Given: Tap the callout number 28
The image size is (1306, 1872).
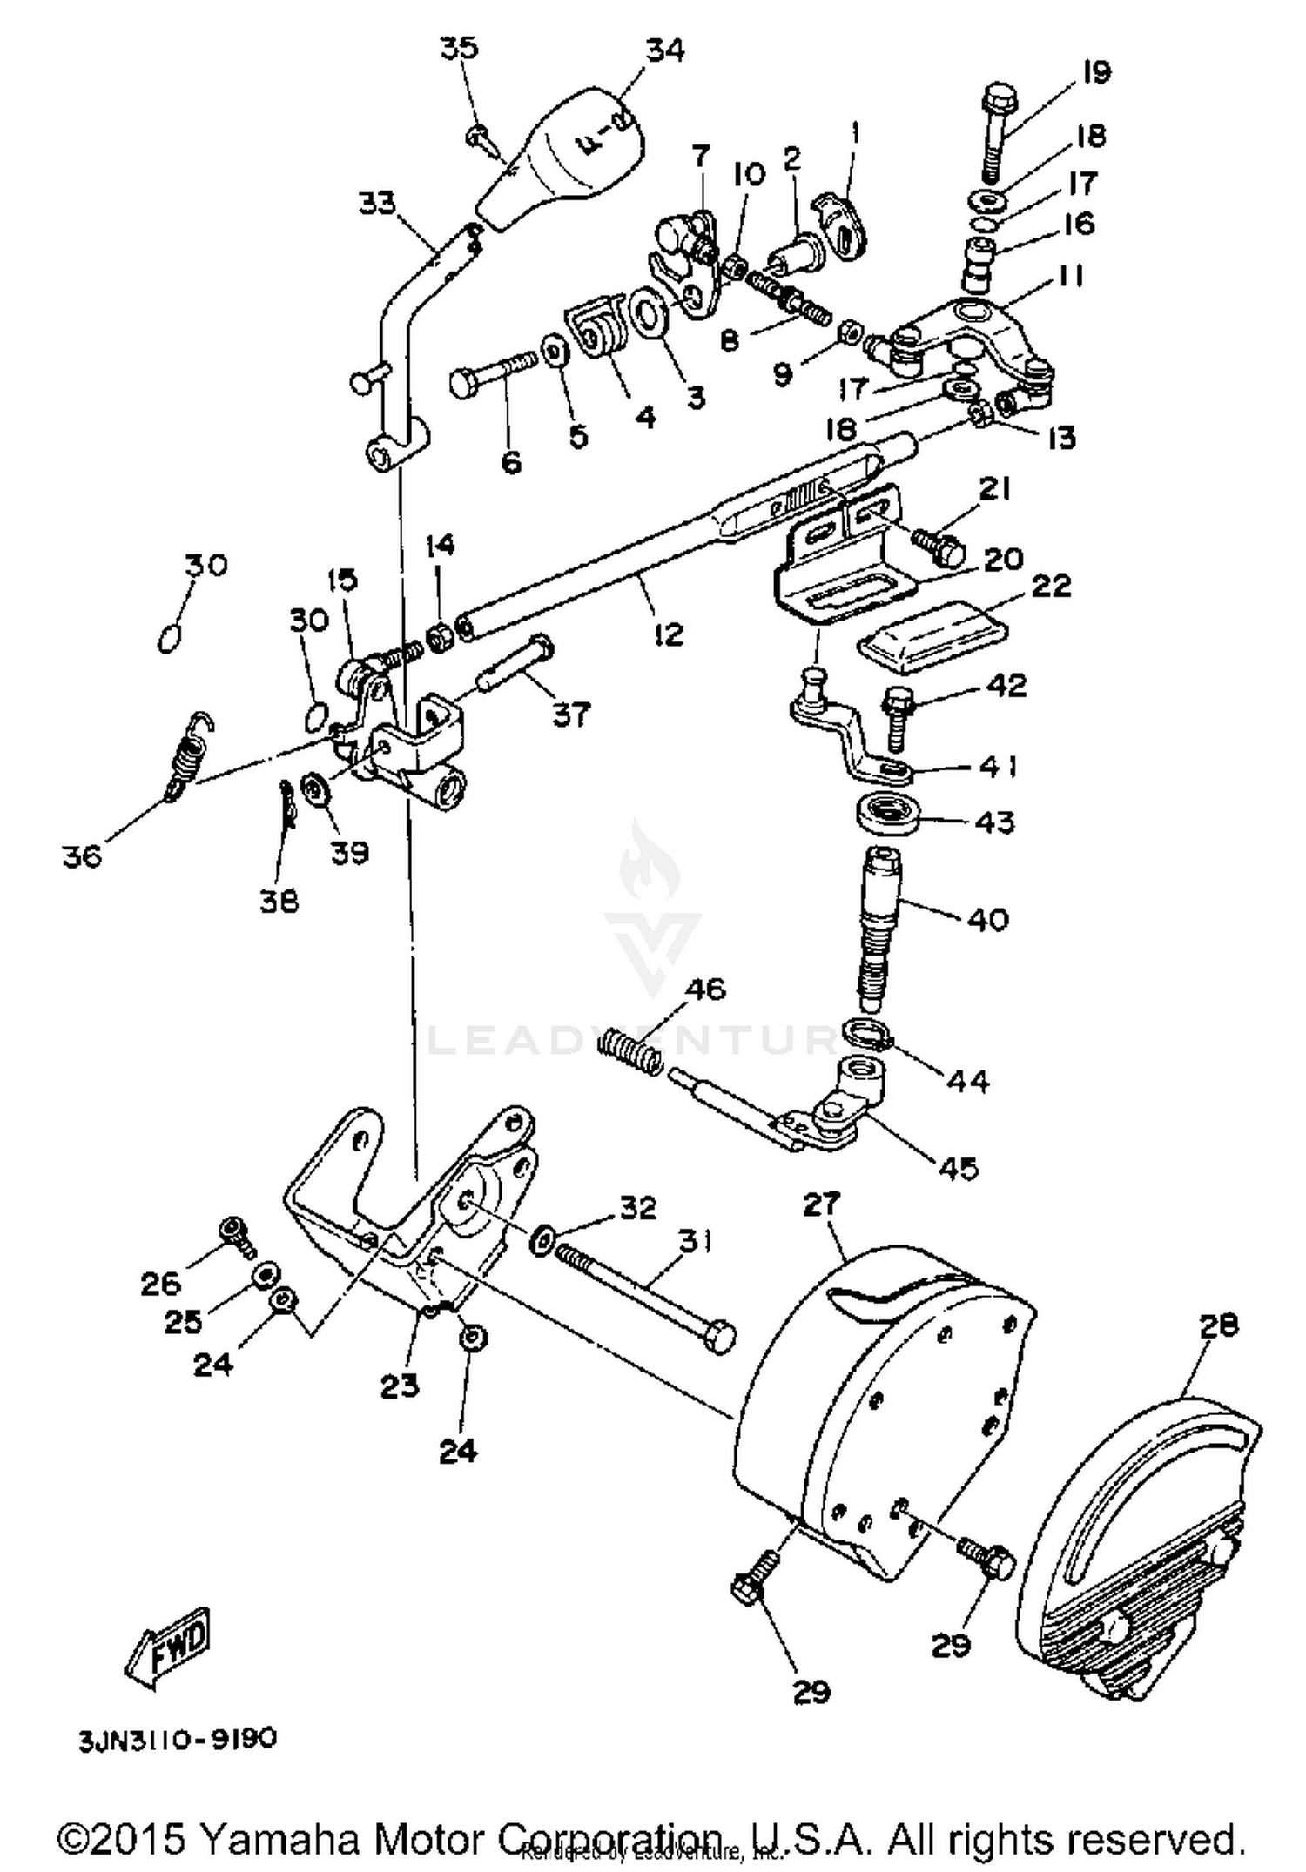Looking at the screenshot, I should click(x=1217, y=1325).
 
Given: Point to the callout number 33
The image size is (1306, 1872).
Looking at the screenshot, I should click(x=376, y=203).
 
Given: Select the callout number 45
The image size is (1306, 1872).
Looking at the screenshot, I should click(x=957, y=1167).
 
